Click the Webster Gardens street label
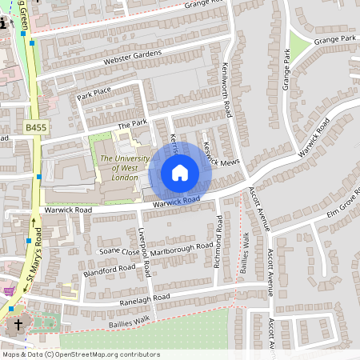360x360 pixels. pyautogui.click(x=132, y=58)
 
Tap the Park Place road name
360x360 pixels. pyautogui.click(x=94, y=95)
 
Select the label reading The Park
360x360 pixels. pyautogui.click(x=133, y=125)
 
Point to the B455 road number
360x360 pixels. pyautogui.click(x=35, y=127)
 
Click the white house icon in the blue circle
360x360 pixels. pyautogui.click(x=180, y=171)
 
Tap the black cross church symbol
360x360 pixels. pyautogui.click(x=18, y=325)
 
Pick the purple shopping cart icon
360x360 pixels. pyautogui.click(x=8, y=290)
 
